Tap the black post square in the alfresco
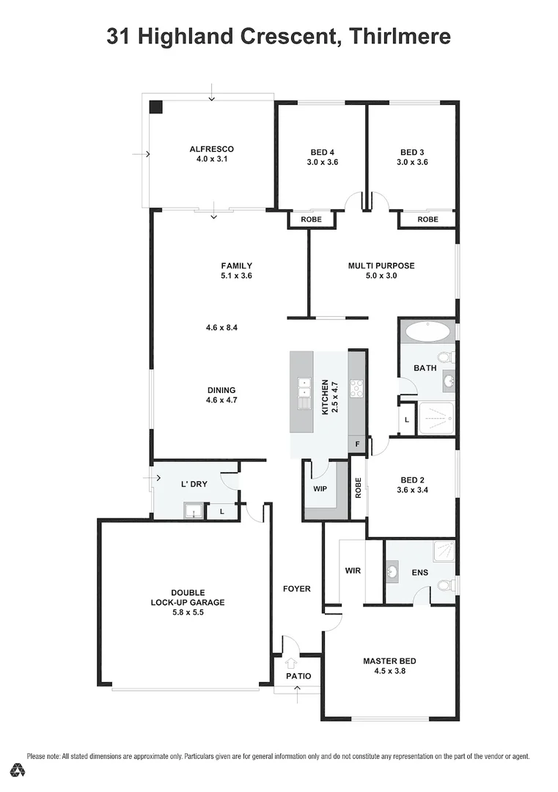pos(155,106)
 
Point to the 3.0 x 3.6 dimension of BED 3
pos(412,162)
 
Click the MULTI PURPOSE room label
pos(381,265)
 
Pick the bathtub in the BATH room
pos(428,331)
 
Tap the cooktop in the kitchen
pos(357,389)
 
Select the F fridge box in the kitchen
pos(357,444)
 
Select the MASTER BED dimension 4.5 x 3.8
pos(389,670)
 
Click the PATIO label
pos(298,676)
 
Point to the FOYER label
pos(297,589)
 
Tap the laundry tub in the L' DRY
pos(193,511)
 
